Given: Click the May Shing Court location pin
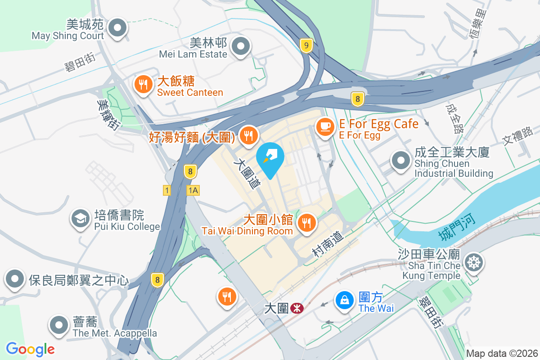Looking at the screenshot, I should coord(118,27).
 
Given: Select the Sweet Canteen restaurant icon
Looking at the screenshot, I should coord(143,84).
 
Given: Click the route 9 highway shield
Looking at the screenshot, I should coord(306,45).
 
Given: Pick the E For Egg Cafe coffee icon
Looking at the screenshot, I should coord(324,126).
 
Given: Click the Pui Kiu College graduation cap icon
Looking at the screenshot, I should coord(80,219).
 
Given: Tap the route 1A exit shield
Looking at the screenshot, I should coord(193,190).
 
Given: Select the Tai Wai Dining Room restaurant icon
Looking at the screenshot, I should coord(306,222).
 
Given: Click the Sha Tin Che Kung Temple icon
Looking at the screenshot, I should coord(473,262).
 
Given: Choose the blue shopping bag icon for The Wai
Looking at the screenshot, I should coord(345,300).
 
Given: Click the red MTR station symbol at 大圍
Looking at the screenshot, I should coord(297,308).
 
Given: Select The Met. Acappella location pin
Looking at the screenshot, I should coord(59,325).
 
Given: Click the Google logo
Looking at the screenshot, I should coord(30,349).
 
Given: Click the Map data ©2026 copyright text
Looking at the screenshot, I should coord(501,353).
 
